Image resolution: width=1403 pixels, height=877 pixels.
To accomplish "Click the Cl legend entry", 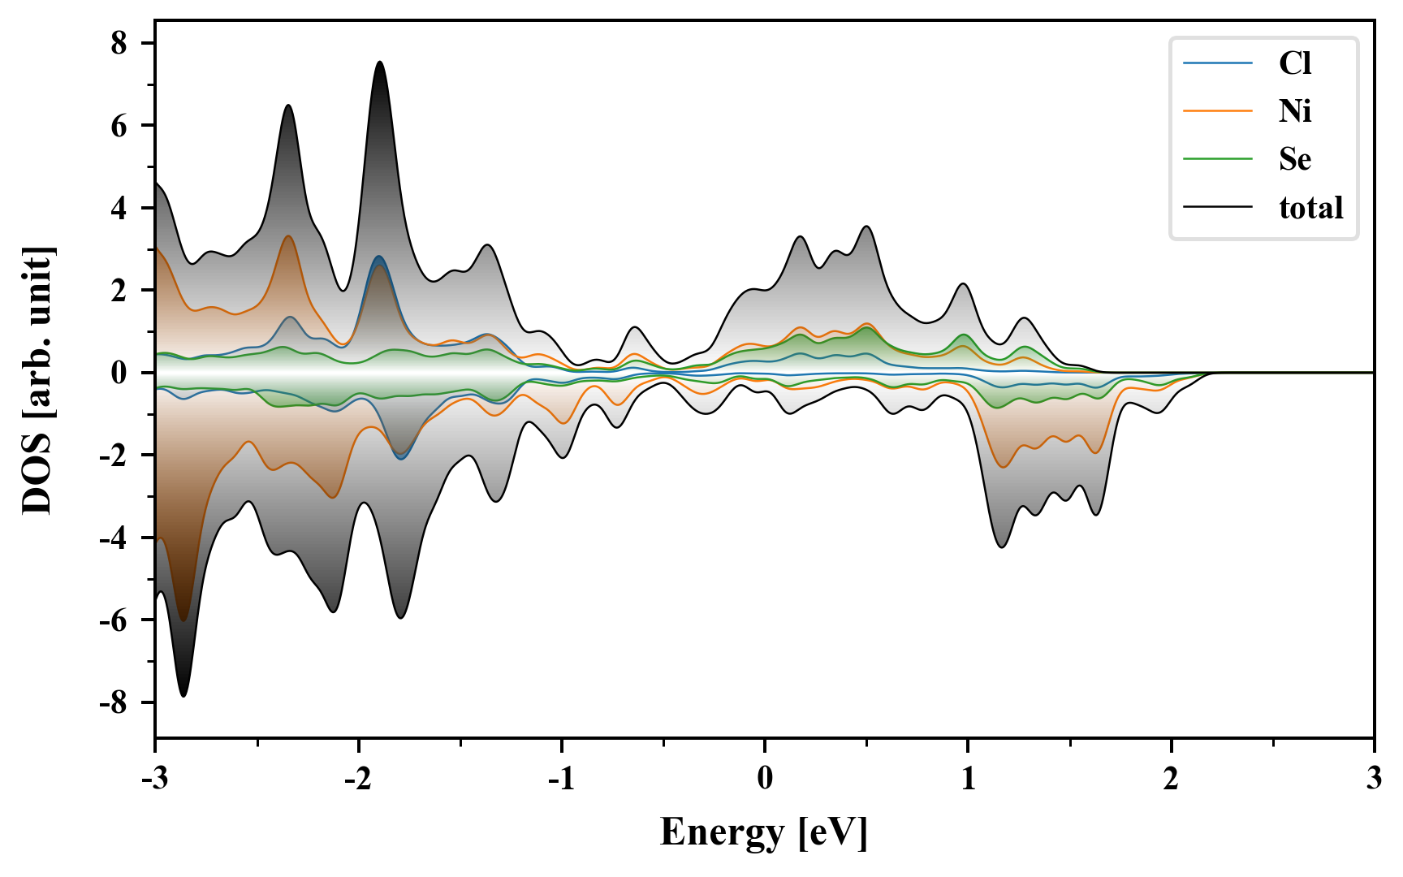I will tap(1294, 63).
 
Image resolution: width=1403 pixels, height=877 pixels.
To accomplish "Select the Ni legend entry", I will tap(1294, 111).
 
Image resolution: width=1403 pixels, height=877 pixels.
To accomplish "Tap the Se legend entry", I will tap(1294, 159).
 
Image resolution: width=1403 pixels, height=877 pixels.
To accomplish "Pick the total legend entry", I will tap(1310, 208).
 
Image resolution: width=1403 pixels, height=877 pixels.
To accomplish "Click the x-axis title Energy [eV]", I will tap(764, 832).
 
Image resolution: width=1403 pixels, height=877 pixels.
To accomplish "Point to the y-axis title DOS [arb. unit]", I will tap(37, 380).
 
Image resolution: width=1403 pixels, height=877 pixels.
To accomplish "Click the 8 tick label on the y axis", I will tap(119, 43).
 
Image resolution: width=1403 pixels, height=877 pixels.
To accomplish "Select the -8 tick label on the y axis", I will tap(114, 702).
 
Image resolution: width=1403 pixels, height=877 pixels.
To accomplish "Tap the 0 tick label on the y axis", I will tap(119, 373).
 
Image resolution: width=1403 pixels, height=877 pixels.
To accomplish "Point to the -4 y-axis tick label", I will tap(114, 538).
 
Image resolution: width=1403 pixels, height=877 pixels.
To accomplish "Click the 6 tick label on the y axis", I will tap(119, 126).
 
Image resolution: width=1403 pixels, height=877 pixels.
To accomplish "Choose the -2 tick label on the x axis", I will tap(357, 780).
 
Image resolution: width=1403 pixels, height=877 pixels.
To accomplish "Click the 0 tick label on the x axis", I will tap(765, 780).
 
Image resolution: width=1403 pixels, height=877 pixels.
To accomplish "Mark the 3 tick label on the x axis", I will tap(1374, 780).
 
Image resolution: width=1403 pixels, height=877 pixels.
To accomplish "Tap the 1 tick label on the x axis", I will tap(968, 780).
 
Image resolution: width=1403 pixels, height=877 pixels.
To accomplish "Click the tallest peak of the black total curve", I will tap(379, 62).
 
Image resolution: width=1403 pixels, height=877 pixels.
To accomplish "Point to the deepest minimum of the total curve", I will tap(183, 696).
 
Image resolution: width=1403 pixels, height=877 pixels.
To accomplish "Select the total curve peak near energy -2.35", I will tap(288, 106).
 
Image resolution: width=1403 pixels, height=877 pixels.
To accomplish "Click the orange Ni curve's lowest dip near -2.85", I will tap(183, 620).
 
